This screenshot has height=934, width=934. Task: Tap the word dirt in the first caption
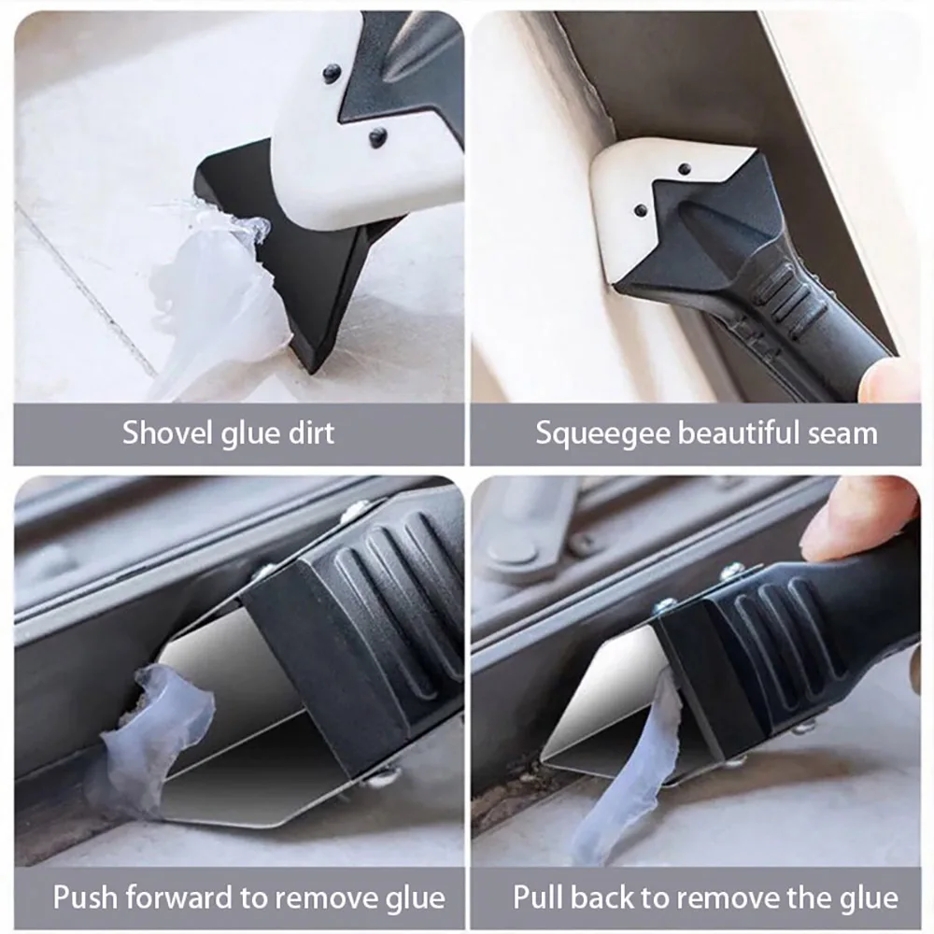(308, 433)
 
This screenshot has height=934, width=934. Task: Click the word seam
(845, 433)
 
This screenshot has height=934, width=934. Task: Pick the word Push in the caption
(84, 898)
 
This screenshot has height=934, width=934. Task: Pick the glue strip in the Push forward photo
(159, 729)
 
